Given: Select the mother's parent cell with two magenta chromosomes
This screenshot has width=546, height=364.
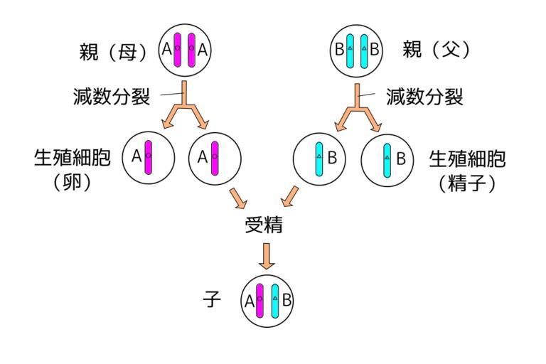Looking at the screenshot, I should [184, 50].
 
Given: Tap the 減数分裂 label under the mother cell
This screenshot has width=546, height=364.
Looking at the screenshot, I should [112, 97].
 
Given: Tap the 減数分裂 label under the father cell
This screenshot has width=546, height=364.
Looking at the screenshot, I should [424, 97].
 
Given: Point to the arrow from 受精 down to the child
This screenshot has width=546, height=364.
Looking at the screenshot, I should [267, 255].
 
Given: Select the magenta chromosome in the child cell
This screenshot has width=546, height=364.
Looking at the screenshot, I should [259, 300].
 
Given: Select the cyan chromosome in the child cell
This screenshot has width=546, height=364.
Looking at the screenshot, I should [274, 300].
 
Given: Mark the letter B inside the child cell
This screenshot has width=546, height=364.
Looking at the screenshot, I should [287, 300].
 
